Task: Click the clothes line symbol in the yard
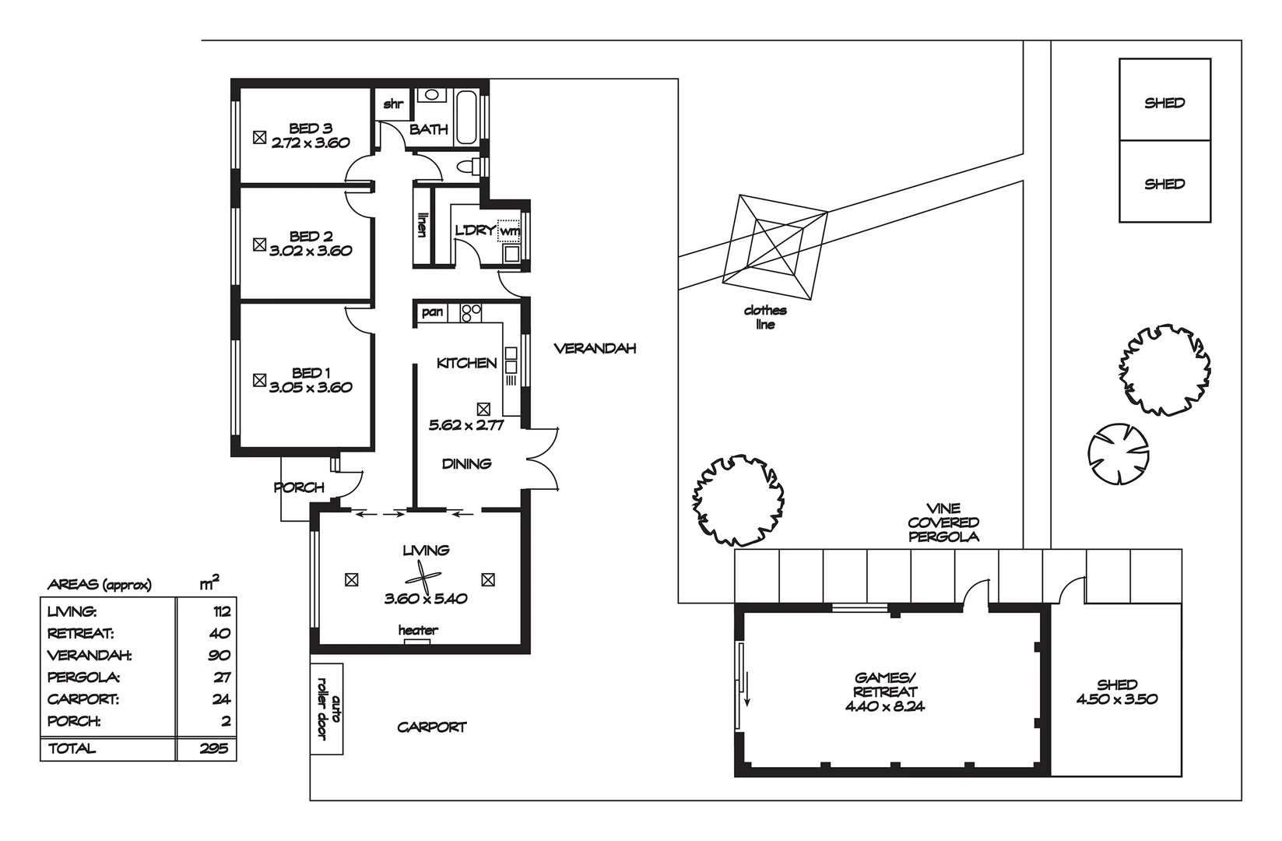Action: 775,248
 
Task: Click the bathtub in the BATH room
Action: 466,116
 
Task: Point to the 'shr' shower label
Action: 393,104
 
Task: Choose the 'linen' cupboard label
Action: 423,225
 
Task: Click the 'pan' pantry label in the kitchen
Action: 432,312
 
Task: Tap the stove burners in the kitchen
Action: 470,313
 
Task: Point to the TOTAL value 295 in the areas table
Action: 214,748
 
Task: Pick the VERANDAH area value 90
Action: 220,655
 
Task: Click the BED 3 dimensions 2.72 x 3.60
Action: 311,143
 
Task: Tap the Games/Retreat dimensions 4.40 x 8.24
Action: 885,706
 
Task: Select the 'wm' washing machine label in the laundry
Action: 509,230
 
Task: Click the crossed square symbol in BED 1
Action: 259,380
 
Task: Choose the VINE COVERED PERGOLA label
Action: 943,522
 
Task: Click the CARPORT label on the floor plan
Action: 432,727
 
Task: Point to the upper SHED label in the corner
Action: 1164,103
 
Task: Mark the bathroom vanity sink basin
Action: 433,95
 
